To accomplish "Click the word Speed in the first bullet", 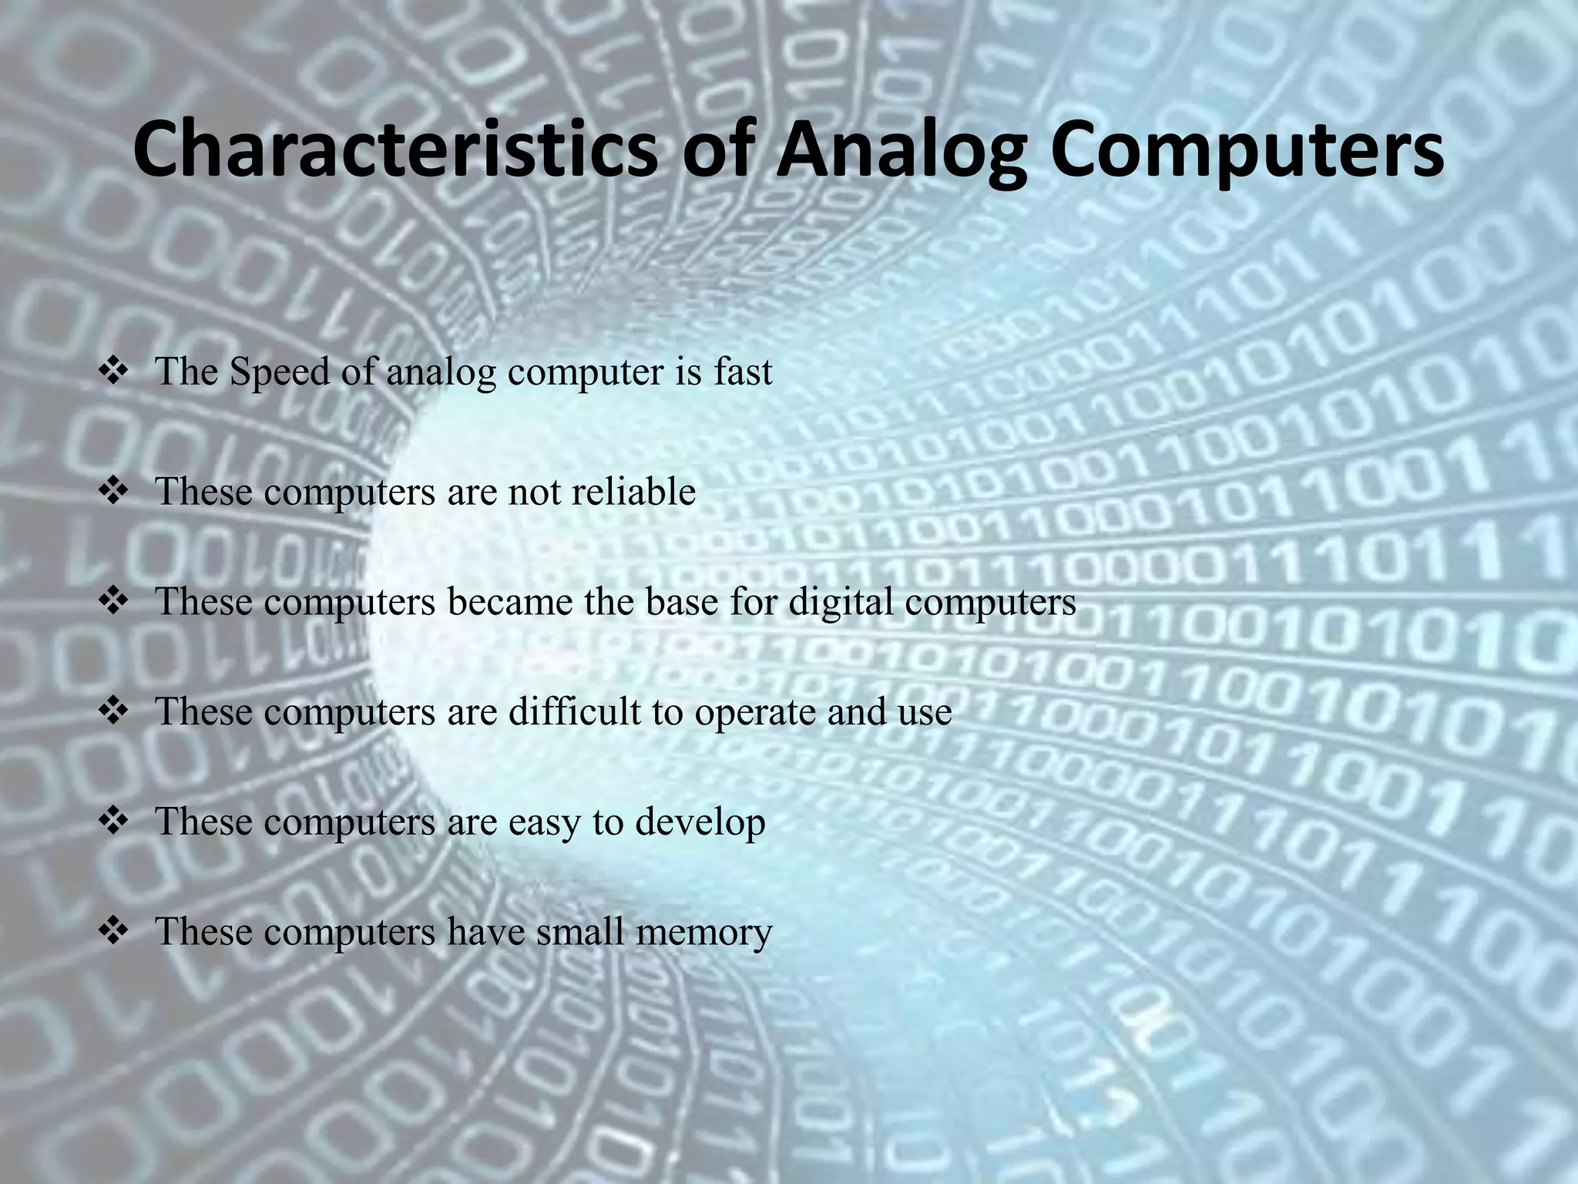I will [x=280, y=373].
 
